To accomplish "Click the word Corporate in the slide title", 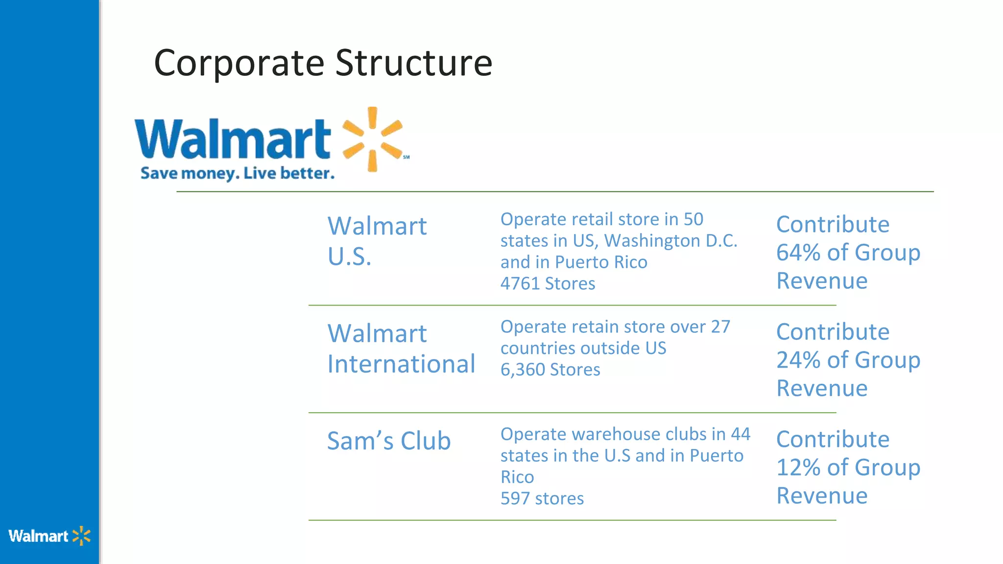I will coord(239,64).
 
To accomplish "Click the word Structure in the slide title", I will coord(414,64).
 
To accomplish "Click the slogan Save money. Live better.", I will coord(238,173).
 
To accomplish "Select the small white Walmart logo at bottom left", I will coord(49,536).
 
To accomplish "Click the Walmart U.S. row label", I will coord(377,241).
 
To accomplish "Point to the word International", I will coord(401,364).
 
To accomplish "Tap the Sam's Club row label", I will coord(388,441).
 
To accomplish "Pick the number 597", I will coord(515,498).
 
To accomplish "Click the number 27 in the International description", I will coord(720,327).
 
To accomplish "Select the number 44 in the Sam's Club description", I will coord(740,434).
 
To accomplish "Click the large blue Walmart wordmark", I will coord(233,139).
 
